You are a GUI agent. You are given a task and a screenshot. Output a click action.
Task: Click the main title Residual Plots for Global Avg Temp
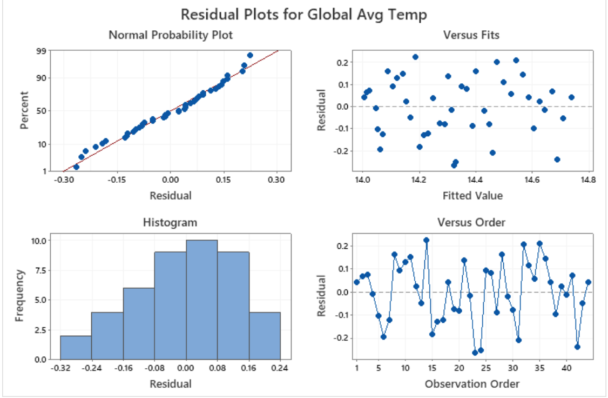(303, 14)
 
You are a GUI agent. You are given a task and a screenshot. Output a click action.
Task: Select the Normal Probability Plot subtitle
(171, 35)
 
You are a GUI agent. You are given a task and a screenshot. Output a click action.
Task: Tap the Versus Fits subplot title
(471, 35)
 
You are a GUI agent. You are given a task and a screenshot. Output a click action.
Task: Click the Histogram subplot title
(170, 222)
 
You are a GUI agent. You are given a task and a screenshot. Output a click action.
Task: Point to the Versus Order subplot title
(471, 222)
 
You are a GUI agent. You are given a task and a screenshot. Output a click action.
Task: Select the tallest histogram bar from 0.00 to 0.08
(201, 300)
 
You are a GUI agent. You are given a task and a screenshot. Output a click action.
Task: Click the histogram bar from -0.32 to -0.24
(76, 347)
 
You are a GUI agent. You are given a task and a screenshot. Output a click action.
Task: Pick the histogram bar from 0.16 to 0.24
(265, 335)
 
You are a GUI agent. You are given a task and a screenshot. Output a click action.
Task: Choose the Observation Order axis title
(472, 383)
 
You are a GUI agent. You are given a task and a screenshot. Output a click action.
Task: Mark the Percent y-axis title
(24, 110)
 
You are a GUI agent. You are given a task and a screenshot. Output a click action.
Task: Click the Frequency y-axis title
(20, 295)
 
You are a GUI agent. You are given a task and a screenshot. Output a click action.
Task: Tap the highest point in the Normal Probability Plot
(250, 55)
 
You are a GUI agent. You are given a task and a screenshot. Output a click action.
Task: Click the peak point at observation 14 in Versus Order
(426, 240)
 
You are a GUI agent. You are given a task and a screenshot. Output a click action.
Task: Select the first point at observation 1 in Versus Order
(356, 282)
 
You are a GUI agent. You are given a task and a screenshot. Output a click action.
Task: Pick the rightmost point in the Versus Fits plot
(571, 97)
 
